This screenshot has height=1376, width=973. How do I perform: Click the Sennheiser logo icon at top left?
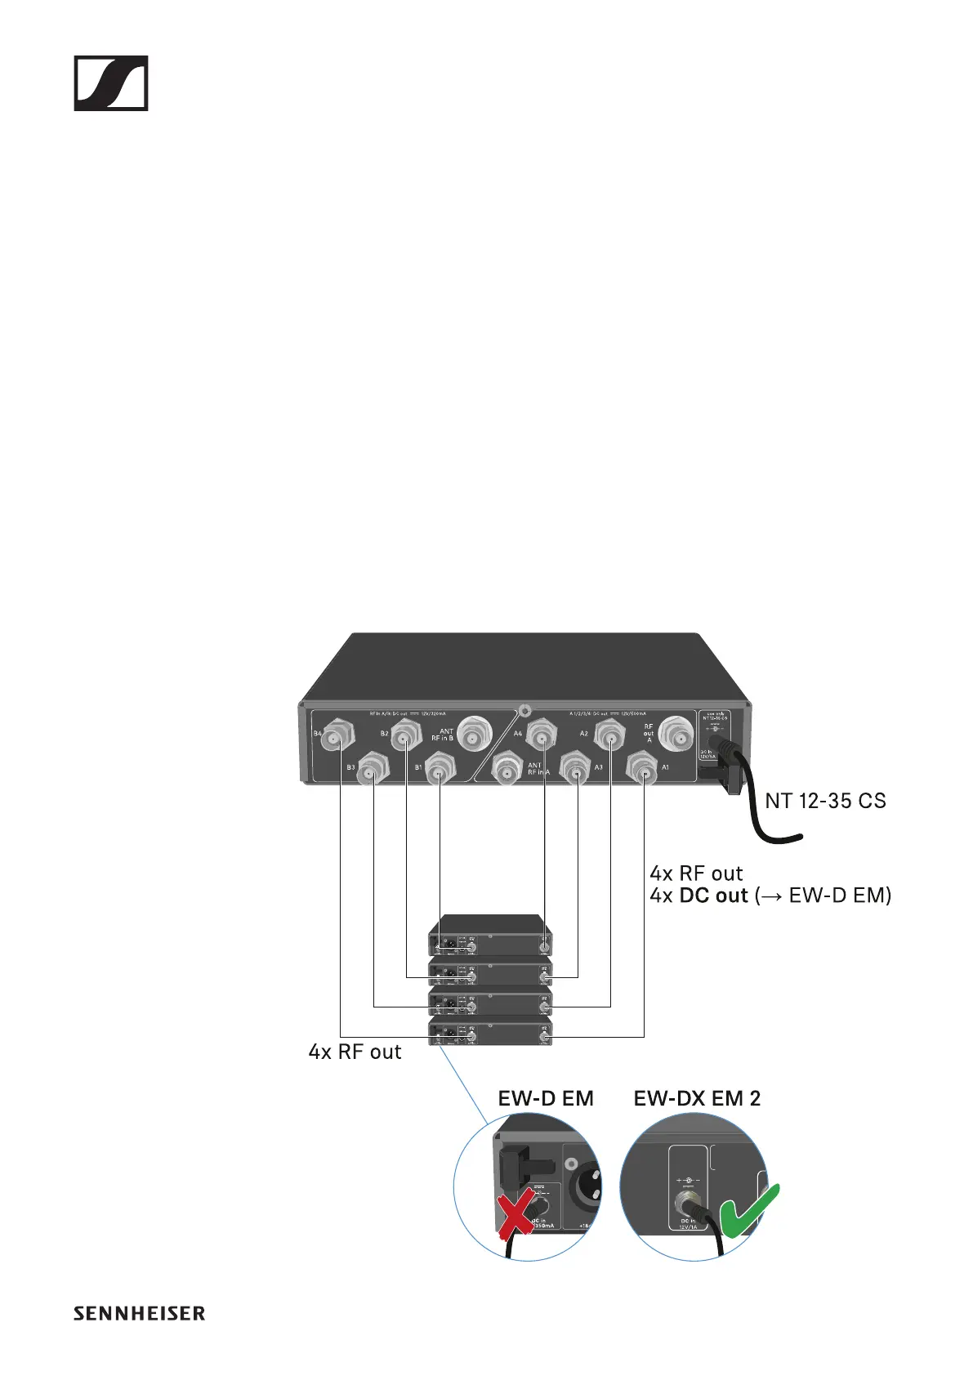[x=111, y=83]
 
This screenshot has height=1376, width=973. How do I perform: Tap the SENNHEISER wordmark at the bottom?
[x=139, y=1313]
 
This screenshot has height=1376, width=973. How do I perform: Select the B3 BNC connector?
[x=373, y=769]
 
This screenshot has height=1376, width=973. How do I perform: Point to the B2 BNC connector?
[x=406, y=738]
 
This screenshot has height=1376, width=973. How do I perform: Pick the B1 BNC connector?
[x=440, y=769]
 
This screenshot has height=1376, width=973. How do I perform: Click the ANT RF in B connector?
[x=473, y=735]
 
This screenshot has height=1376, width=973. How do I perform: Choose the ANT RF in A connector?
[x=507, y=771]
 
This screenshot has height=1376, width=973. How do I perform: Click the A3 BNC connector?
[x=577, y=769]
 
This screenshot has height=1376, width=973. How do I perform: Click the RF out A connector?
[x=676, y=735]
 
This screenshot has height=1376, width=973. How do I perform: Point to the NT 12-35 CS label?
[x=825, y=801]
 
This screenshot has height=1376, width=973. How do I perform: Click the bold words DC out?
[x=713, y=896]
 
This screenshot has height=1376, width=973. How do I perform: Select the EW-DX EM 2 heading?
[x=697, y=1099]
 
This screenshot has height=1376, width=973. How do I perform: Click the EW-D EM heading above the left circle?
[x=546, y=1099]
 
